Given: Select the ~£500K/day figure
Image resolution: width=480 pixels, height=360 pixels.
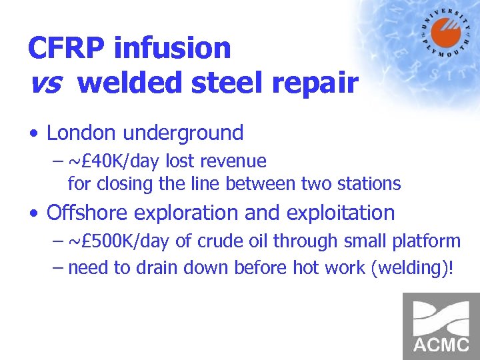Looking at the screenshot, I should coord(120,241).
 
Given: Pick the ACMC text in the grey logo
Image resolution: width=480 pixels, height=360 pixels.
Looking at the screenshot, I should coord(441,345).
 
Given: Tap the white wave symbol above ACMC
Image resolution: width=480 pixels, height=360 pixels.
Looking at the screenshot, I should coord(441,317).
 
